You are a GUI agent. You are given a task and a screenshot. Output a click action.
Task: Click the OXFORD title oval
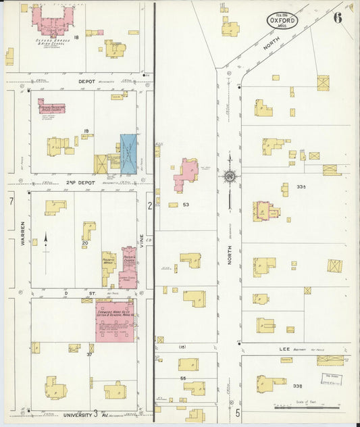pos(282,20)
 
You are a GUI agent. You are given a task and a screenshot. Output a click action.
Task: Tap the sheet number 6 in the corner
pos(337,18)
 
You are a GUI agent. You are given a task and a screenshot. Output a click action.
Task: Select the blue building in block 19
pos(128,154)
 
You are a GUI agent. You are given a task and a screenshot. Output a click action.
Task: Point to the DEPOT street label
pos(86,80)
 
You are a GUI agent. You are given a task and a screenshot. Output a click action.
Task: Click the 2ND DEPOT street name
pos(80,182)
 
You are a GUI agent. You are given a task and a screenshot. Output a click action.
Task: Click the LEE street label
pos(284,349)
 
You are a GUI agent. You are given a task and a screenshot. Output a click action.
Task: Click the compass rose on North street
pos(230,176)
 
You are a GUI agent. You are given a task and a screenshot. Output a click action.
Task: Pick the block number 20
pos(85,243)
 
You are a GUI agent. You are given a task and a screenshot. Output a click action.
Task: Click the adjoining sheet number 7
pos(10,202)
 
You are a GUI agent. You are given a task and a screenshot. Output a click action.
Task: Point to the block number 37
pos(89,353)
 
